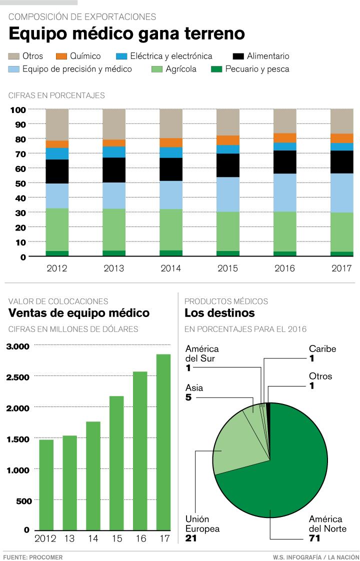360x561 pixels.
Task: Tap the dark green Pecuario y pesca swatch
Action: coord(216,69)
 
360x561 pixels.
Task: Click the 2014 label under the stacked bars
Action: coord(171,268)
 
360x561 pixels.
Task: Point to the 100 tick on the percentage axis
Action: coord(18,109)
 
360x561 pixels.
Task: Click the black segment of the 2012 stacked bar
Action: coord(57,171)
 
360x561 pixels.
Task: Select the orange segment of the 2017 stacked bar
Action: coord(341,138)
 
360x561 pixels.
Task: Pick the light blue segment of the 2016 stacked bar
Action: coord(284,192)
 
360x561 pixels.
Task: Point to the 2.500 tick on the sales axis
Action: coord(18,376)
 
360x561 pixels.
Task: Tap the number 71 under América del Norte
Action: coord(315,538)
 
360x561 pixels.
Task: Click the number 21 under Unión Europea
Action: coord(191,538)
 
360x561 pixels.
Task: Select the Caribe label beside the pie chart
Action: coord(322,349)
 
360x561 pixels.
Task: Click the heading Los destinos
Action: coord(219,313)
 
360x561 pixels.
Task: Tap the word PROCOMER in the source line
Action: coord(48,556)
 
